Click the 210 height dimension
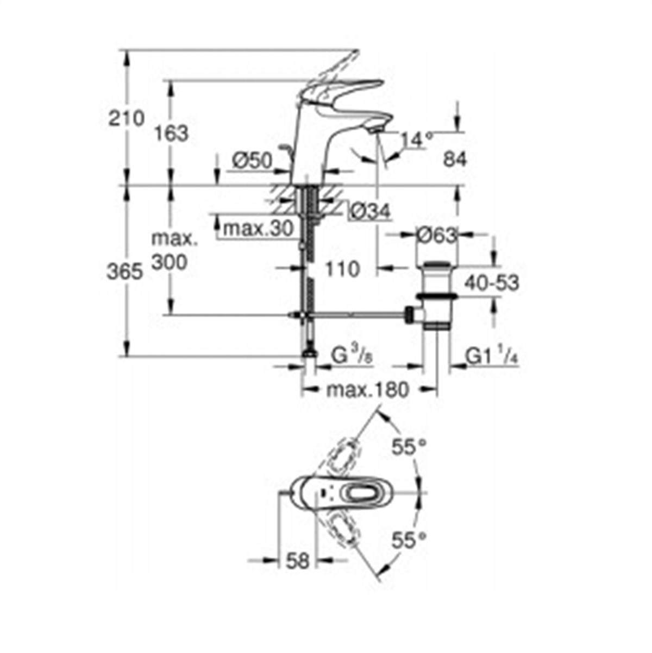pos(126,119)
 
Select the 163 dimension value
pos(171,134)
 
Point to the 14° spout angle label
pos(417,140)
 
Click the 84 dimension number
pos(455,159)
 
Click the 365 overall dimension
pos(125,272)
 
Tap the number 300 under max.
pos(170,262)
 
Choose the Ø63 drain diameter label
pos(437,236)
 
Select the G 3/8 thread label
pos(352,356)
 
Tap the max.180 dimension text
pos(368,390)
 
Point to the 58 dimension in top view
pos(298,561)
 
